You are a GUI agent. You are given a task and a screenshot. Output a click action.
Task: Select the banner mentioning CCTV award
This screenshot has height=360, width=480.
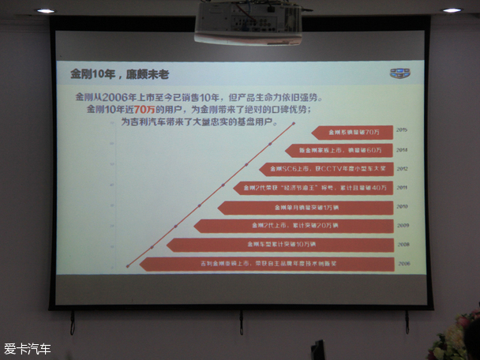[328, 169]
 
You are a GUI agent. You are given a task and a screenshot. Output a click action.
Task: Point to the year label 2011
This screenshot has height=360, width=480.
[402, 187]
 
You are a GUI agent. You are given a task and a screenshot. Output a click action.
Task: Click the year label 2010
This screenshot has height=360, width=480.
[402, 207]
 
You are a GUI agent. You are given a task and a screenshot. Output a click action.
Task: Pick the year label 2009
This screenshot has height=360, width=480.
[402, 226]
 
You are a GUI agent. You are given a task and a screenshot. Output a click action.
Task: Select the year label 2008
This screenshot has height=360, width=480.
[402, 245]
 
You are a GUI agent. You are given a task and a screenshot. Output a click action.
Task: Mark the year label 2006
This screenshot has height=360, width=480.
[402, 264]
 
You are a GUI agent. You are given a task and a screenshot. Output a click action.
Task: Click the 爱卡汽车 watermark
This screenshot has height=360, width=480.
[28, 348]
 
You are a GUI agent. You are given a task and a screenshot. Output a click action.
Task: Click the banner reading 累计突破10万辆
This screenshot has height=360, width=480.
[280, 245]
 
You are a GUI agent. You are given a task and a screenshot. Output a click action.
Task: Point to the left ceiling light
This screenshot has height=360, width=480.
[46, 10]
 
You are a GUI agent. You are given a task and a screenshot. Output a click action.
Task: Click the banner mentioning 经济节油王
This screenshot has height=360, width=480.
[313, 188]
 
